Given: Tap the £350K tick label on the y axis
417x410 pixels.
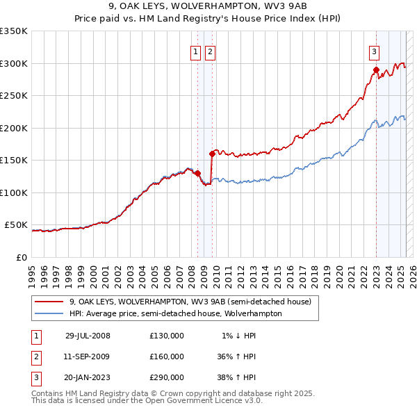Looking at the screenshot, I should click(14, 31).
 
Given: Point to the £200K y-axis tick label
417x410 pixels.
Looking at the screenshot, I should click(14, 128).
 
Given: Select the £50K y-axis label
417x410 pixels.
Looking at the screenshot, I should click(17, 225).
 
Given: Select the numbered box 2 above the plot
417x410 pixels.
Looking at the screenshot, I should click(209, 51).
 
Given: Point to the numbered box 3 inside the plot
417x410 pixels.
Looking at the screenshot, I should click(374, 51).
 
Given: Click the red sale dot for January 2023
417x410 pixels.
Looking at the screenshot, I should click(376, 69).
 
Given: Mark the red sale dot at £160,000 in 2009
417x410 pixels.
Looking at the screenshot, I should click(211, 154).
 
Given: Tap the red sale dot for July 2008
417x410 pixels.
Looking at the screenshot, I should click(198, 173).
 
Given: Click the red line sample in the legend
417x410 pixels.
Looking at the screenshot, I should click(50, 302).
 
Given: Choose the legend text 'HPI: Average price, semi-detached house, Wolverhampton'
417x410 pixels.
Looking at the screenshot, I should click(175, 313).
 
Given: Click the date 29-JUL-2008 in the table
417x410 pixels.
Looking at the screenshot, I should click(88, 336).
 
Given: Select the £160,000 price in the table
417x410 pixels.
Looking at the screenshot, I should click(167, 356).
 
